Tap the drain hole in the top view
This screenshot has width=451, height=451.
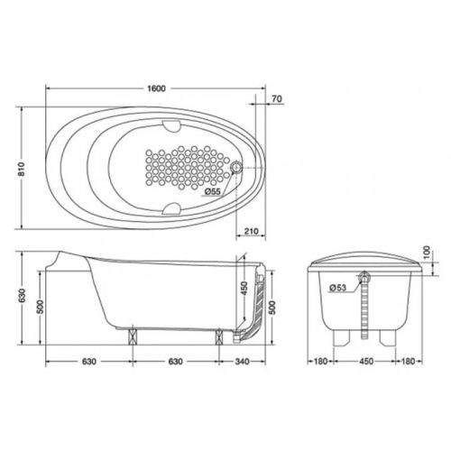pyautogui.click(x=237, y=167)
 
